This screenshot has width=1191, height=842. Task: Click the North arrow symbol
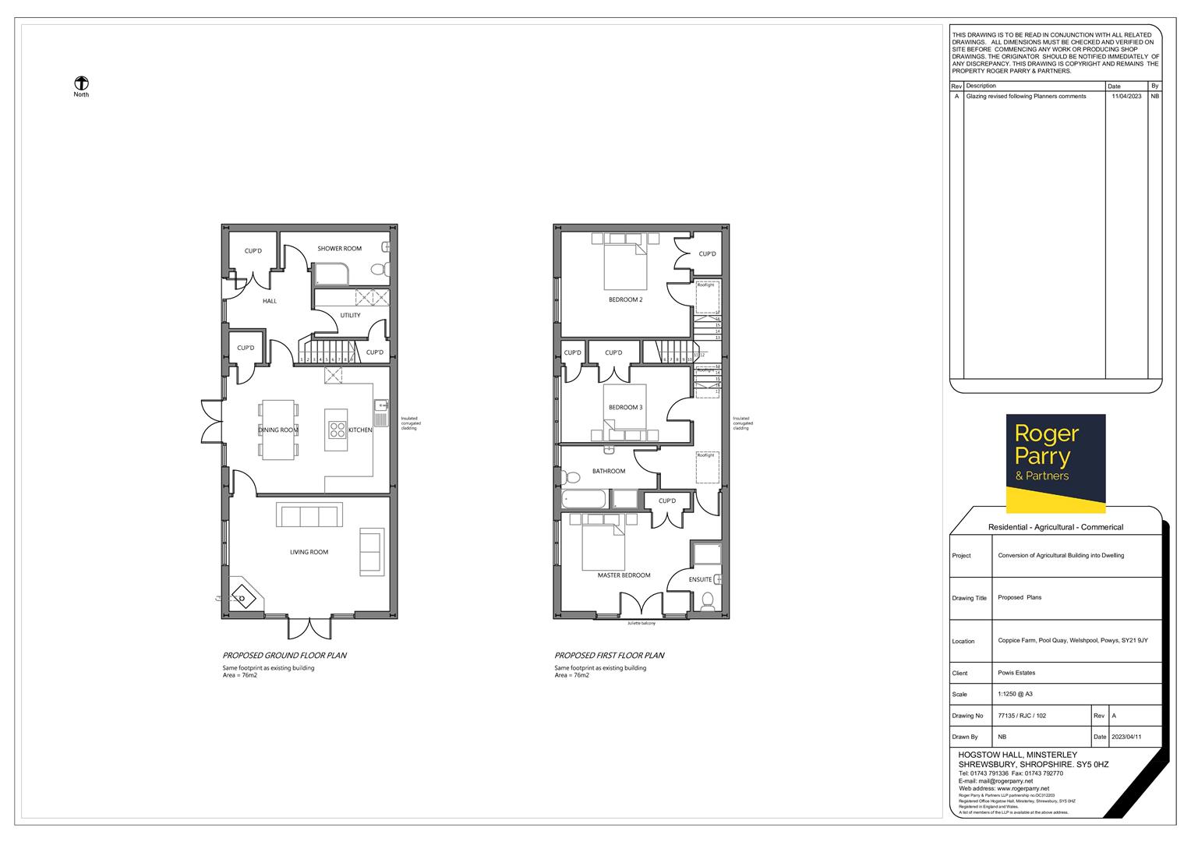[x=81, y=83]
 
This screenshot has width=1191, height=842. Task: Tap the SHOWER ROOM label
[x=339, y=249]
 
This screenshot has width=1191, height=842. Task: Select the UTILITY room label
[x=350, y=316]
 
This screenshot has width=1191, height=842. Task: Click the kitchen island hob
[x=338, y=430]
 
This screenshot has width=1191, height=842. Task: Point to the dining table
[x=279, y=430]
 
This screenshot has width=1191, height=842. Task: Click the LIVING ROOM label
[x=309, y=552]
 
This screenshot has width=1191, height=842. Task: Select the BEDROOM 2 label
[x=625, y=300]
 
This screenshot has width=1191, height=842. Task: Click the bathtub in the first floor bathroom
[x=586, y=499]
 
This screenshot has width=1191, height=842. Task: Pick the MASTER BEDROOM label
[x=624, y=575]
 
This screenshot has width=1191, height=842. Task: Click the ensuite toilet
[x=708, y=601]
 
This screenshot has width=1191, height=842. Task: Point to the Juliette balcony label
[x=641, y=624]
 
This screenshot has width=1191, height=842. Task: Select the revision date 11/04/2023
[x=1126, y=97]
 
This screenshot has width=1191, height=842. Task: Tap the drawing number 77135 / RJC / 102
[x=1022, y=715]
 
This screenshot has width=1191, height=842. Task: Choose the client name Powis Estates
[x=1016, y=673]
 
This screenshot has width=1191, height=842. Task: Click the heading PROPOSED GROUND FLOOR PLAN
[x=284, y=656]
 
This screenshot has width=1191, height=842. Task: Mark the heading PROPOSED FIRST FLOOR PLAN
[x=609, y=656]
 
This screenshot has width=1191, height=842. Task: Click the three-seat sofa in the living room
[x=309, y=515]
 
